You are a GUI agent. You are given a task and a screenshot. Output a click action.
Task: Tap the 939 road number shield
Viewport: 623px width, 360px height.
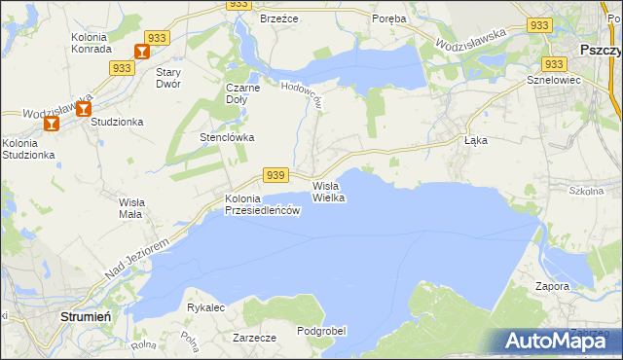(x=275, y=175)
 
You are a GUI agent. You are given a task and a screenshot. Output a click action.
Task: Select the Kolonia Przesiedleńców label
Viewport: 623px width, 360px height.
(x=260, y=205)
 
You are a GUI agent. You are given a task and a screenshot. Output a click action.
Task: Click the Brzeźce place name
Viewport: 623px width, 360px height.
(x=277, y=18)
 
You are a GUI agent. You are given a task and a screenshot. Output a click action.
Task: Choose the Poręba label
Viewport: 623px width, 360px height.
(x=389, y=18)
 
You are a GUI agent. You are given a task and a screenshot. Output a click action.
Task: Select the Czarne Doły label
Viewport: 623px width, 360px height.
(x=243, y=92)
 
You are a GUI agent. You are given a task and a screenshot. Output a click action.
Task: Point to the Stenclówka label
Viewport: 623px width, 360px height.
(x=227, y=137)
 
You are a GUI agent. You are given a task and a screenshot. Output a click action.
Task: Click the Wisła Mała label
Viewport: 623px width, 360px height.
(x=130, y=207)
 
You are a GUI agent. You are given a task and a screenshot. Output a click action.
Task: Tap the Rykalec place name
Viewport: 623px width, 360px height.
(x=205, y=307)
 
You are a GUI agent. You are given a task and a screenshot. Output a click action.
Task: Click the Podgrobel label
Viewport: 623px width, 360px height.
(x=321, y=331)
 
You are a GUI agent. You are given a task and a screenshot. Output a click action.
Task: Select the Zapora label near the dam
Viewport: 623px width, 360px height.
(x=552, y=287)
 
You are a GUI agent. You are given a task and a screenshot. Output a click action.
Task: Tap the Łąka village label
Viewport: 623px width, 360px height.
(x=475, y=139)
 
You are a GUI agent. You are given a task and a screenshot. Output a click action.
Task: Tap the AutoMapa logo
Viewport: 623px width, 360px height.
(x=557, y=341)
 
